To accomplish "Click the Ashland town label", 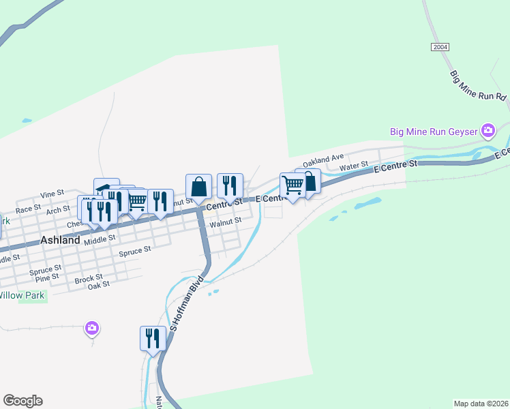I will pos(60,240).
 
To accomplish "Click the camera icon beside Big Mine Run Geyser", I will pos(487,130).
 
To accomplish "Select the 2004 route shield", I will pos(440,46).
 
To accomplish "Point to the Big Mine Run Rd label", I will pos(478,86).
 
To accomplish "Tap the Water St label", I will pos(354,166).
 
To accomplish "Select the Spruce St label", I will pos(134,252).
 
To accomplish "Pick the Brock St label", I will pos(89,278).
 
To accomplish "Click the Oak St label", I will pos(99,286).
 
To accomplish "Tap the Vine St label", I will pos(52,194).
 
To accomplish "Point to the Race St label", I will pos(29,209).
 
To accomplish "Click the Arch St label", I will pos(58,211).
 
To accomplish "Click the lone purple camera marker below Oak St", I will pos(92,329).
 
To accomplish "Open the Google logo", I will pos(22,401).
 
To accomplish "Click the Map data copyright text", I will pos(481,403).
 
